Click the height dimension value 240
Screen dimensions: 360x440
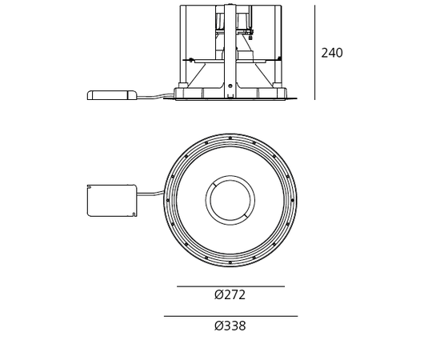331,54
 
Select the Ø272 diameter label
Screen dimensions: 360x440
230,295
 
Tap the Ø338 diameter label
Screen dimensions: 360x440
230,326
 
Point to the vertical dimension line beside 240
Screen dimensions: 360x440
314,53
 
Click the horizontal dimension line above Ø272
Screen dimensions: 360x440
230,286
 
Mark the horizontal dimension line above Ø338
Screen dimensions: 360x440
230,316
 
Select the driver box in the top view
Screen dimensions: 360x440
111,200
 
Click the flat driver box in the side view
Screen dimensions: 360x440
111,95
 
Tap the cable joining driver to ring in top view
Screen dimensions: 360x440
150,193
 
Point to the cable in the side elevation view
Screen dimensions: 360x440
155,96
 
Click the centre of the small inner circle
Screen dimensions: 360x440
230,200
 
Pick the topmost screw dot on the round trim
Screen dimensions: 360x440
230,138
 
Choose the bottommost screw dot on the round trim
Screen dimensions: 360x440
230,262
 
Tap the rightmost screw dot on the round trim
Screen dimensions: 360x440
293,200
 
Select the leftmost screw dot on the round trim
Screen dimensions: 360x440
168,200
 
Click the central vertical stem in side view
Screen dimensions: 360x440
230,48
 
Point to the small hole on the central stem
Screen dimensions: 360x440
230,86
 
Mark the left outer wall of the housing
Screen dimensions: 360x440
182,44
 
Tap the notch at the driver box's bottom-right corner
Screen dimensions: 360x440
134,214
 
